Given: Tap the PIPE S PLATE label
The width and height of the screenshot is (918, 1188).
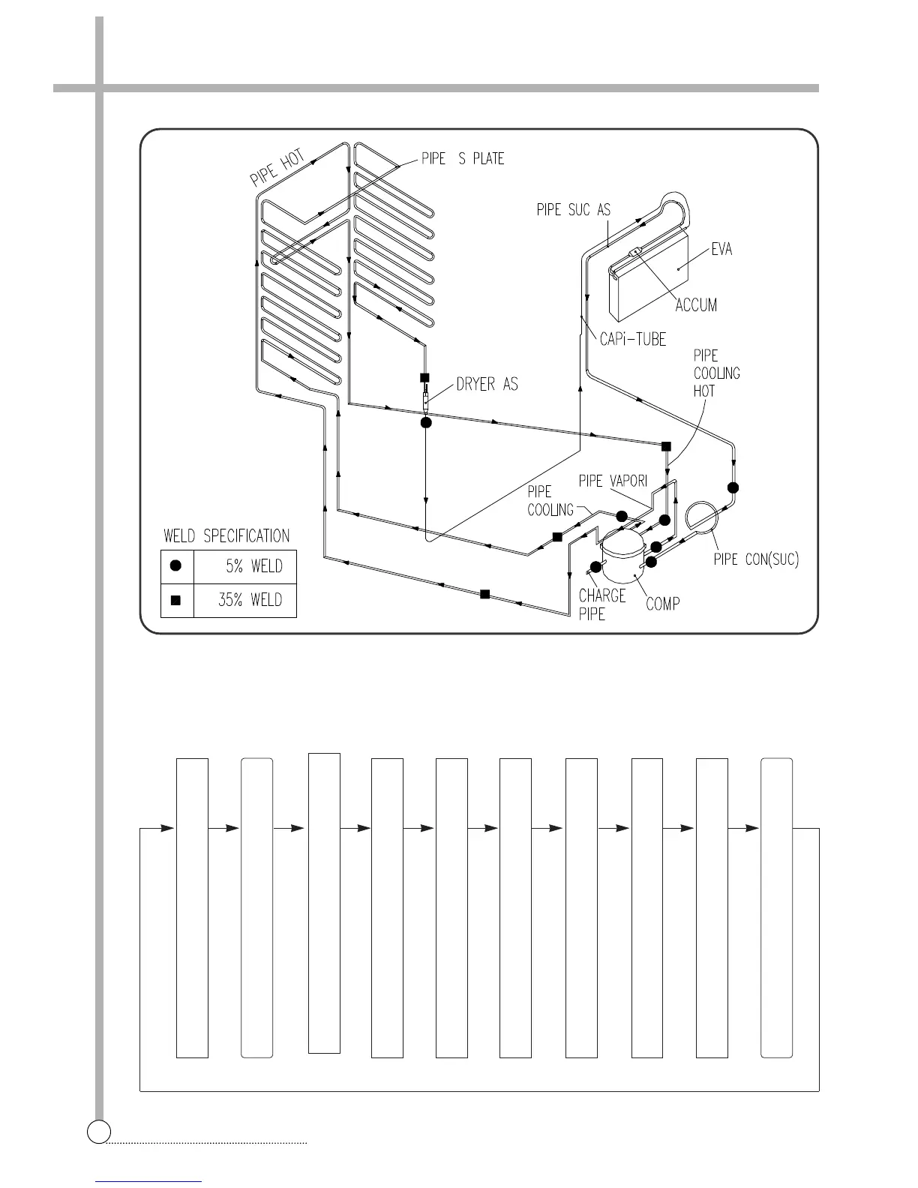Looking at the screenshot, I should [x=463, y=159].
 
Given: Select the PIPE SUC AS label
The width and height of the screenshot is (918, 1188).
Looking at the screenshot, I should [x=573, y=210].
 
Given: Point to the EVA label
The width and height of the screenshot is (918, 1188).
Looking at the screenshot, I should [x=721, y=249].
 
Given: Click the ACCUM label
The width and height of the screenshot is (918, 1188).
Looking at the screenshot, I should [x=696, y=305].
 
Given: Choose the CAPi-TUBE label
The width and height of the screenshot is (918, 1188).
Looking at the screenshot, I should [x=633, y=340].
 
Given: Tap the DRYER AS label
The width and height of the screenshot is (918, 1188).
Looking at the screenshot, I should [x=487, y=385].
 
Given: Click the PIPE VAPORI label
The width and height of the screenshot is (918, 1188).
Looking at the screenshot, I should [x=613, y=481].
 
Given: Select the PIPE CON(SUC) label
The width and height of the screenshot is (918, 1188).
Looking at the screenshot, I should [x=756, y=559].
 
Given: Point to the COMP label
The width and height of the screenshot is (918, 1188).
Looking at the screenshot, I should [x=663, y=604].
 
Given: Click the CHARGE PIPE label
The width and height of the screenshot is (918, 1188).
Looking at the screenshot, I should [x=601, y=604].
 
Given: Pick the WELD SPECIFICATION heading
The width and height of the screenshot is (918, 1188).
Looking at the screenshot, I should [x=226, y=536].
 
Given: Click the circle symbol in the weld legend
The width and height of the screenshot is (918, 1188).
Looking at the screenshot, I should [x=176, y=566].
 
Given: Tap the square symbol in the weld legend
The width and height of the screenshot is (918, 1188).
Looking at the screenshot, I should [x=176, y=600].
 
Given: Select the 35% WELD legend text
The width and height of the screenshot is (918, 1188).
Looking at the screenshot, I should [x=250, y=600].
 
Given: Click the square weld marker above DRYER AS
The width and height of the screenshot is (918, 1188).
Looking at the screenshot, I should [x=424, y=377].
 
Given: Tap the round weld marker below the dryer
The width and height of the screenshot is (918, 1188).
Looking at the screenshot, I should [x=426, y=423].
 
